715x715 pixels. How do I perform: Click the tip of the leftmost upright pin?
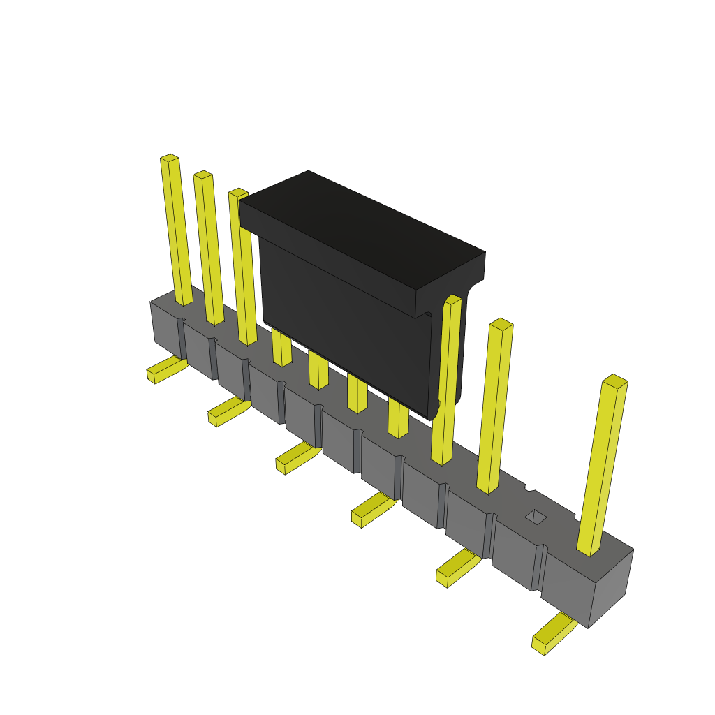click(x=170, y=159)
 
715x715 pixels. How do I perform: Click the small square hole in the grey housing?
click(x=536, y=517)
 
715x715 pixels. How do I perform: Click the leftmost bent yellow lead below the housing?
click(x=164, y=369)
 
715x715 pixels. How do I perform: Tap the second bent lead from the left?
click(x=228, y=412)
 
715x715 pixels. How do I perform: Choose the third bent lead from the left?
click(x=296, y=458)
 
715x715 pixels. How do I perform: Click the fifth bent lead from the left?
click(x=457, y=566)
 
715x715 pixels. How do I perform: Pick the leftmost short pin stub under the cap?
click(x=281, y=349)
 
